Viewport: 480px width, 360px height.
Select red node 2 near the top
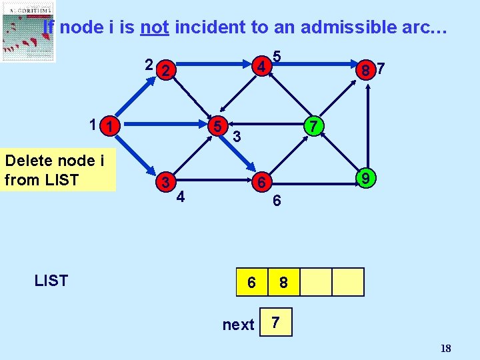click(x=169, y=69)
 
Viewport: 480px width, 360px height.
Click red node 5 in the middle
click(x=217, y=126)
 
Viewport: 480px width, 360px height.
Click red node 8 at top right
click(x=365, y=69)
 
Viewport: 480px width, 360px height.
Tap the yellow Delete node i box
click(x=58, y=171)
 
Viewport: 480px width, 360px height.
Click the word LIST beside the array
click(x=51, y=281)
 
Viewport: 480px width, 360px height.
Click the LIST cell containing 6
click(x=251, y=282)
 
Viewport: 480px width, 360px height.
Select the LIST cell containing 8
click(x=283, y=282)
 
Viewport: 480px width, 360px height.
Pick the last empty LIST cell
click(x=348, y=282)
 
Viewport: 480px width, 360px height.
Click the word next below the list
click(x=238, y=325)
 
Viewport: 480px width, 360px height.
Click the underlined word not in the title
click(x=154, y=27)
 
